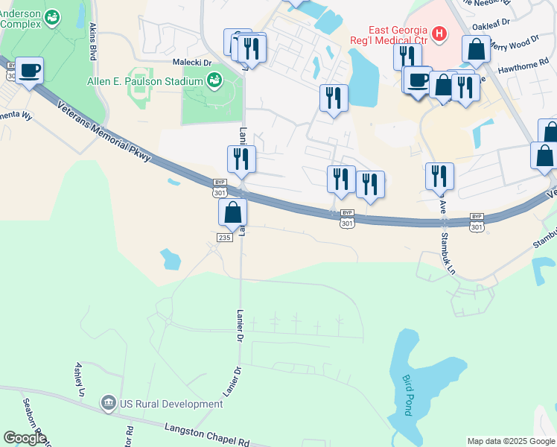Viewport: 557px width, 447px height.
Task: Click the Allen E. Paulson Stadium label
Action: [x=144, y=80]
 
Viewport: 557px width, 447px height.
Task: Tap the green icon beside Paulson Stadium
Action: [x=214, y=80]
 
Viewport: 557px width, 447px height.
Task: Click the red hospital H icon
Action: [x=439, y=33]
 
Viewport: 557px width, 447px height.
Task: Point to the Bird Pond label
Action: [x=407, y=395]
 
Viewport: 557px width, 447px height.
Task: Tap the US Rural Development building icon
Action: [x=109, y=404]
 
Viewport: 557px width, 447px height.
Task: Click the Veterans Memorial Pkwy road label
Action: [x=104, y=130]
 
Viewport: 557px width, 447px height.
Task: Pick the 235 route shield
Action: [x=225, y=237]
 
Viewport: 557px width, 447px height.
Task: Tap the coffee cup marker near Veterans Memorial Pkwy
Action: [x=30, y=71]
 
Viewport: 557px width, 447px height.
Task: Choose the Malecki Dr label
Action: [x=193, y=63]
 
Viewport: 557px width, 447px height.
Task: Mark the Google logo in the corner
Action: [x=25, y=438]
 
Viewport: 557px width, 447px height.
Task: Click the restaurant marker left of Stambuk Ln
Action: [x=439, y=176]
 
